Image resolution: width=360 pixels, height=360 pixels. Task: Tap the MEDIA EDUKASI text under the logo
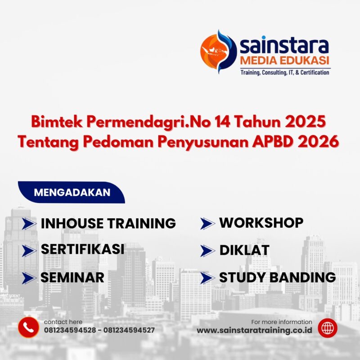284,60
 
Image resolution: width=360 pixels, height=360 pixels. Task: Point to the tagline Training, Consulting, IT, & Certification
284,72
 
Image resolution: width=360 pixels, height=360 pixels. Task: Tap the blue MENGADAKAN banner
72,193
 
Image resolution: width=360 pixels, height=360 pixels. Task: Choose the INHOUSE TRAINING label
108,223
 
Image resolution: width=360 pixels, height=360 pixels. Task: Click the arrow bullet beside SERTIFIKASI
29,250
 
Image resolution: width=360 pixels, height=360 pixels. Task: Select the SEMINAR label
72,277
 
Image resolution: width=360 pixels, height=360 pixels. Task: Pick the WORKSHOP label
261,223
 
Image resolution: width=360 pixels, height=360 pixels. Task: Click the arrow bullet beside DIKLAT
207,251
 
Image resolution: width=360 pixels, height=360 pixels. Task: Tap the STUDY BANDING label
277,278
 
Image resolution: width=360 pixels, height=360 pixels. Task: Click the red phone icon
28,327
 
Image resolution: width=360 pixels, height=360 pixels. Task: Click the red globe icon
327,327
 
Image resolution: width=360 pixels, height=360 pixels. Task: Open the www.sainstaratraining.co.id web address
255,331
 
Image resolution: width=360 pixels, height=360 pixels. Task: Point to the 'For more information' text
282,322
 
